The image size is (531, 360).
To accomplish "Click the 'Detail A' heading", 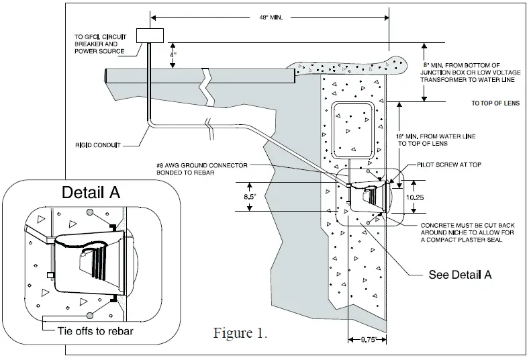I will [91, 193].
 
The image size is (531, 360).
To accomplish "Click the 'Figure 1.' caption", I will [240, 333].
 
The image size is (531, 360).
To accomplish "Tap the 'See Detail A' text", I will [461, 275].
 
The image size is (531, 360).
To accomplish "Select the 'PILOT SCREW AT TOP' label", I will [439, 164].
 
